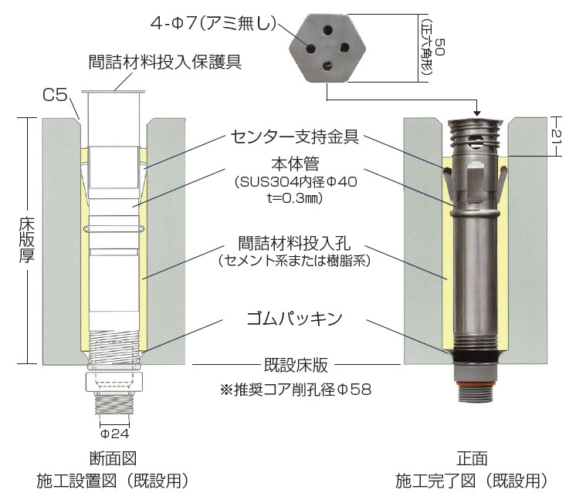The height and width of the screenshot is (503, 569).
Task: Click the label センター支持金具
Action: (x=295, y=137)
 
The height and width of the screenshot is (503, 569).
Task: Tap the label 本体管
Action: (x=295, y=164)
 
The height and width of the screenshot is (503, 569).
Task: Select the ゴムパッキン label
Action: (x=295, y=319)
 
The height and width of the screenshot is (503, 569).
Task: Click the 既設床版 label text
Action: (x=296, y=365)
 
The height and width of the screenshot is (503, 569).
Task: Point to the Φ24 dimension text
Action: (x=115, y=434)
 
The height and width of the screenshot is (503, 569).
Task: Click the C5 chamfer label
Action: (x=55, y=96)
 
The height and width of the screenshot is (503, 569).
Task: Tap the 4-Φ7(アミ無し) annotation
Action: (x=213, y=24)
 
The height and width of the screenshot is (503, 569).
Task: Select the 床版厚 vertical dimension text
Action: (x=27, y=241)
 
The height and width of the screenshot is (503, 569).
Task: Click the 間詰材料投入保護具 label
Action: (x=165, y=62)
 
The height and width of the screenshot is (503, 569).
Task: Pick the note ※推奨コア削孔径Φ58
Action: (x=296, y=390)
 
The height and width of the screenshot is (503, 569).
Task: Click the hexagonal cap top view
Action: (x=327, y=48)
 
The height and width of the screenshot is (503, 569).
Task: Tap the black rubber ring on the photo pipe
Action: (x=475, y=356)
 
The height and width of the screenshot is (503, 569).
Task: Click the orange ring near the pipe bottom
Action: (x=475, y=383)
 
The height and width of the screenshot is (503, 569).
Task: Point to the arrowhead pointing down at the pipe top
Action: (x=478, y=113)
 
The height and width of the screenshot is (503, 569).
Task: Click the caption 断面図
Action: (x=113, y=458)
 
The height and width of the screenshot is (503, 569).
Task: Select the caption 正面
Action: (x=472, y=458)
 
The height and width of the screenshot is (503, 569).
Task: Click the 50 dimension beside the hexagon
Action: (x=439, y=46)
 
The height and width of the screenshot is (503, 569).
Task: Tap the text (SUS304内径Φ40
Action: (x=296, y=182)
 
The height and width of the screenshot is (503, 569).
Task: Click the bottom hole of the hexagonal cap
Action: (x=327, y=66)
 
